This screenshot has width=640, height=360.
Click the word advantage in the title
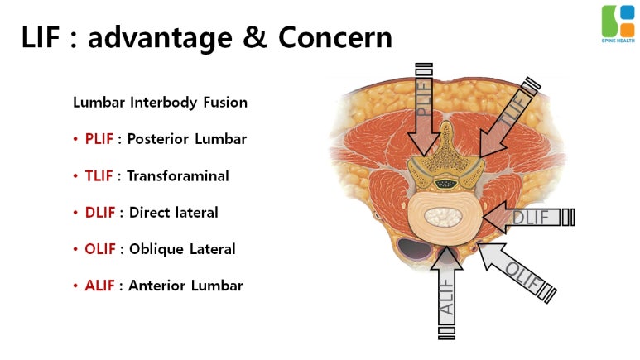click(166, 38)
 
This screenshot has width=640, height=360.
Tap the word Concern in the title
click(335, 38)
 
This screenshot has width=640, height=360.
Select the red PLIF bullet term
click(99, 139)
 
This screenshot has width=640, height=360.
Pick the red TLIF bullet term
click(99, 175)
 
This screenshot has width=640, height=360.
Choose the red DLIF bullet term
click(99, 212)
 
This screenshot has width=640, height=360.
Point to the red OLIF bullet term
click(99, 248)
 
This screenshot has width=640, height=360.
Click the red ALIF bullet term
click(99, 286)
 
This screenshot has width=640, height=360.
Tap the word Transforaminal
click(177, 175)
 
